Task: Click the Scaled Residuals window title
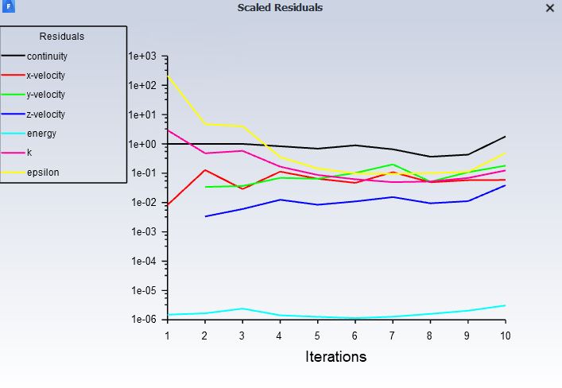pos(280,8)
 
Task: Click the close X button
pos(550,8)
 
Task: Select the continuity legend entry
pos(47,56)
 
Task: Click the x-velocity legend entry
pos(46,76)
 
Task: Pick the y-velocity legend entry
pos(46,95)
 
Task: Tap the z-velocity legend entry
pos(46,114)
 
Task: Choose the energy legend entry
pos(41,134)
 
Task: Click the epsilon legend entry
pos(43,172)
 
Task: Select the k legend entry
pos(29,153)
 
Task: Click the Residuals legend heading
pos(62,37)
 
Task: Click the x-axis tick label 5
pos(317,335)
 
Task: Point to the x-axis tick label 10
pos(505,335)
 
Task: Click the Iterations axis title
pos(335,357)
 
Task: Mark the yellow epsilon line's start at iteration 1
pos(168,76)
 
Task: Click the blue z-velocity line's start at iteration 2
pos(205,216)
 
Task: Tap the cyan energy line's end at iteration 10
pos(505,305)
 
